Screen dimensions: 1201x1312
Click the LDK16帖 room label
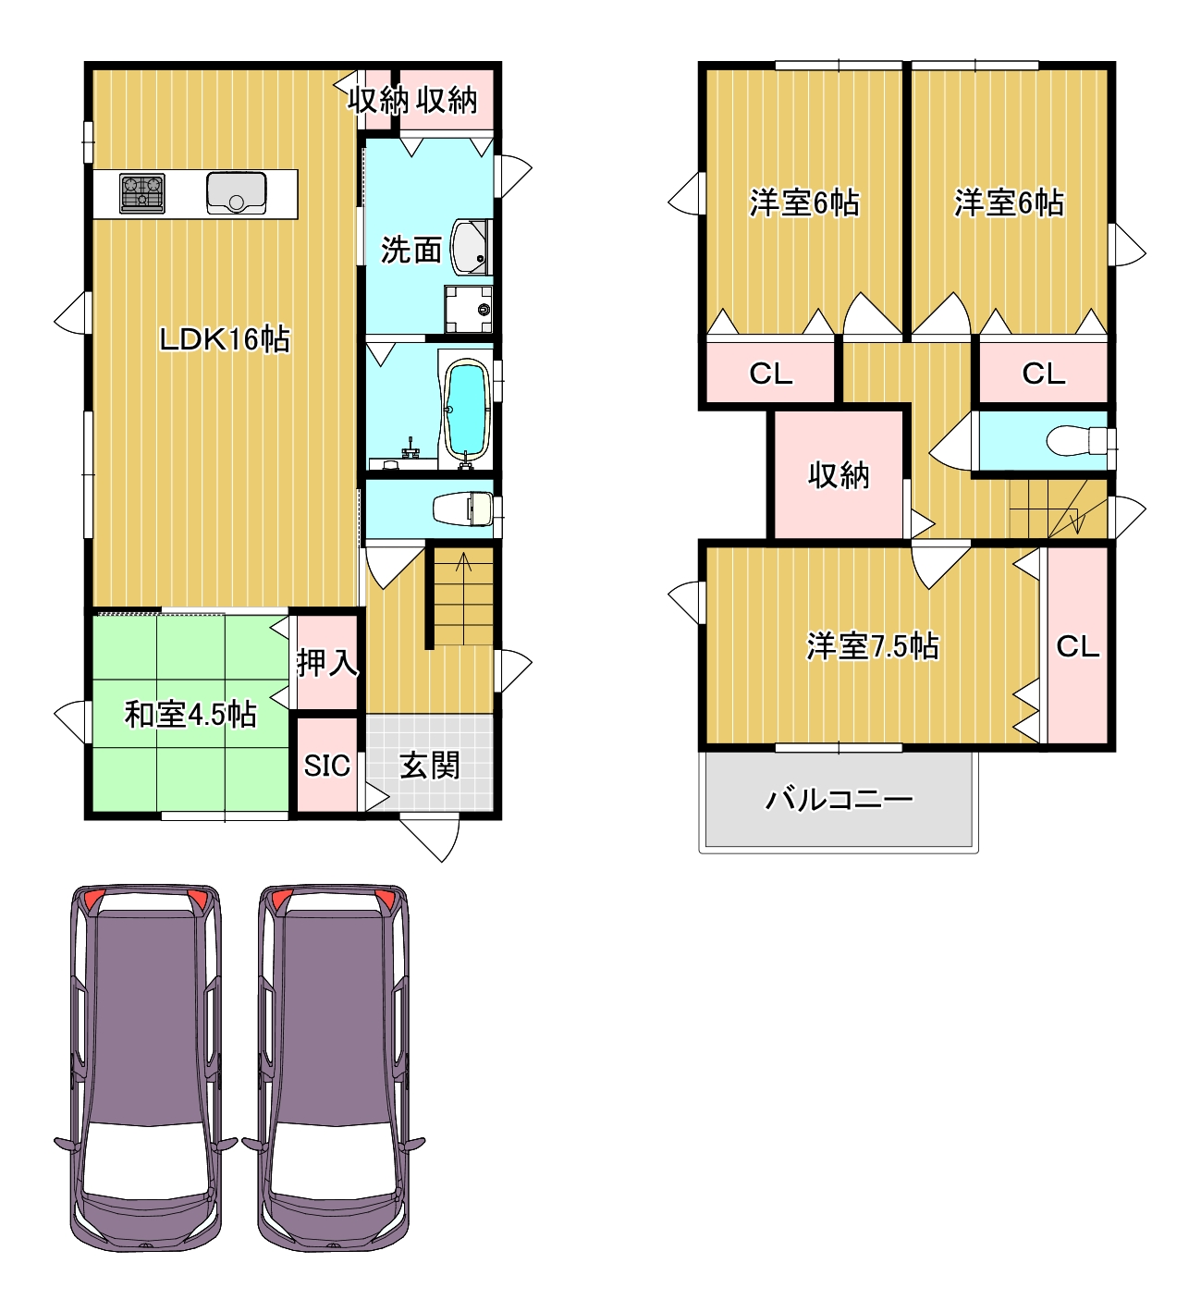click(x=225, y=338)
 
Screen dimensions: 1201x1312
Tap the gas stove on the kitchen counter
click(x=142, y=193)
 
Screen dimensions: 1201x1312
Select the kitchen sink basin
click(x=236, y=193)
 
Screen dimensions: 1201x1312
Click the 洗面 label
click(x=411, y=250)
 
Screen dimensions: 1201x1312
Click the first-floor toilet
click(x=462, y=509)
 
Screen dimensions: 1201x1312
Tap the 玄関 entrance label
click(x=430, y=766)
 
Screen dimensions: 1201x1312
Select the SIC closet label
click(x=327, y=766)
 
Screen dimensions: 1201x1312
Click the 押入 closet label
click(x=327, y=663)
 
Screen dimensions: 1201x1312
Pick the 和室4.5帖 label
click(x=190, y=714)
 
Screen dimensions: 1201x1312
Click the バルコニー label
click(x=839, y=799)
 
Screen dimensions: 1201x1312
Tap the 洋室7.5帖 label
click(x=873, y=646)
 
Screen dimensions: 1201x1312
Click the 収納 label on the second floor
click(x=839, y=475)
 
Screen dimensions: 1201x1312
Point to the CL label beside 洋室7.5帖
click(x=1077, y=647)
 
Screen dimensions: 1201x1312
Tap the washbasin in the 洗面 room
click(x=471, y=248)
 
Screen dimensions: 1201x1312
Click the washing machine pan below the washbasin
click(x=469, y=310)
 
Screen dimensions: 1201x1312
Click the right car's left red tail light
click(x=281, y=899)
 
